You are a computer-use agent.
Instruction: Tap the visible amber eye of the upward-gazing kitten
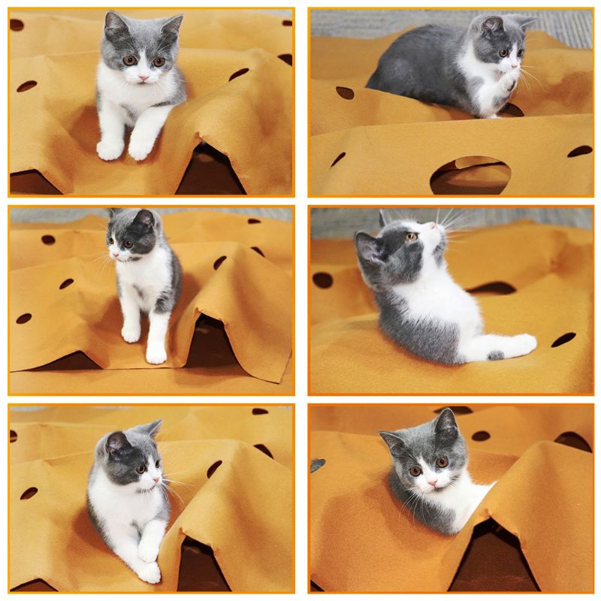tap(411, 237)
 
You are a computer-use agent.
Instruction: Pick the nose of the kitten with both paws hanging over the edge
tap(141, 76)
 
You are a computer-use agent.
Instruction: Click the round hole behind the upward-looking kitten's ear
tap(323, 279)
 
